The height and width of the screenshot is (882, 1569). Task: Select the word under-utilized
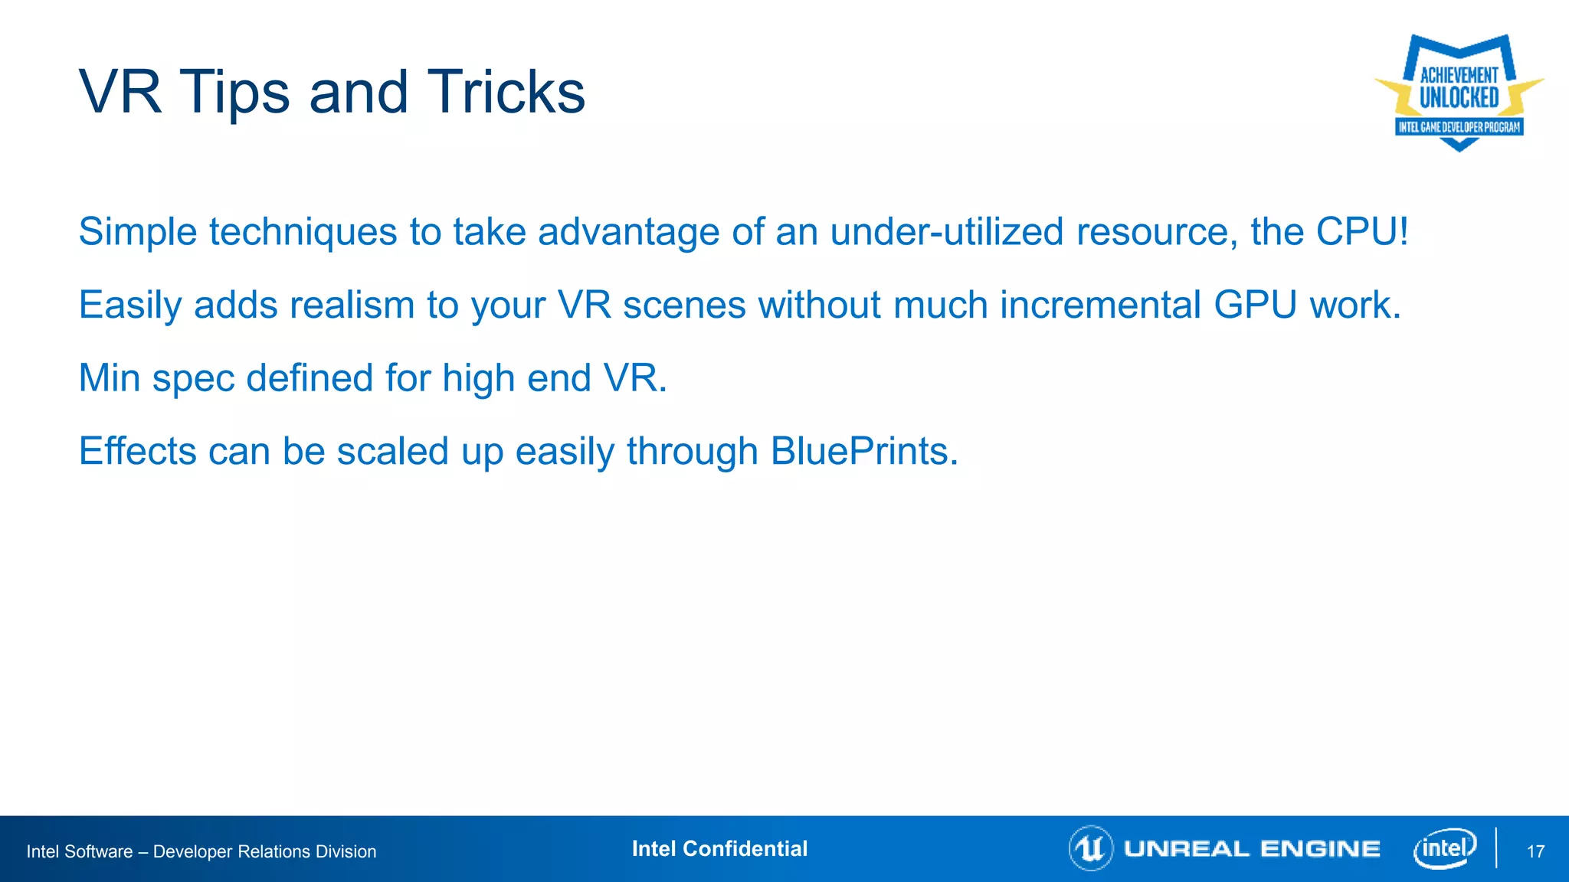(x=947, y=231)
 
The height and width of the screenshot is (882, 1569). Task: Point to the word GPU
(x=1254, y=305)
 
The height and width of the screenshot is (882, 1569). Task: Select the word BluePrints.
(x=863, y=451)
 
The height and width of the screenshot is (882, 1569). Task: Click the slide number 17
(x=1535, y=851)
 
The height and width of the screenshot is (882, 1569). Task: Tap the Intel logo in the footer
(x=1445, y=848)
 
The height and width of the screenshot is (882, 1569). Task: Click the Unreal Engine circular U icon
(x=1090, y=848)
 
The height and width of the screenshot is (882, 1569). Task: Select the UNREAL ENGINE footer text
(x=1252, y=849)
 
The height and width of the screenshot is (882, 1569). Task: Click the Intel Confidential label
(x=719, y=848)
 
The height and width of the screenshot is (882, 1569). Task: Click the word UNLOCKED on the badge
(x=1459, y=98)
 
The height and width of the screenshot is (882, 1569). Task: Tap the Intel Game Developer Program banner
(x=1459, y=127)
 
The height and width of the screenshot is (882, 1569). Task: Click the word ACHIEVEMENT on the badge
(x=1459, y=75)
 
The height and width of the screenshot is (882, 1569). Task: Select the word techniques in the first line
(x=303, y=231)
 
